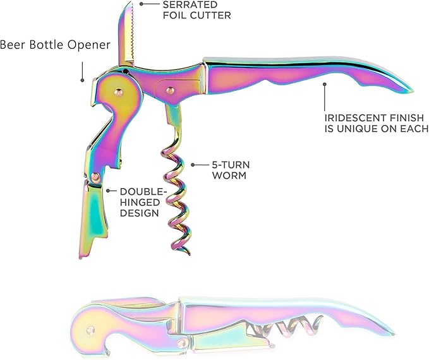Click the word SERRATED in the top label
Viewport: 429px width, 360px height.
pyautogui.click(x=190, y=4)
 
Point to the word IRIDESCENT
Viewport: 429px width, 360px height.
pyautogui.click(x=354, y=118)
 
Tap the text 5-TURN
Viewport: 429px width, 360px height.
pyautogui.click(x=231, y=165)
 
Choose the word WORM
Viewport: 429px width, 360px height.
pyautogui.click(x=229, y=176)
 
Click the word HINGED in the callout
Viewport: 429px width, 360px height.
pyautogui.click(x=140, y=203)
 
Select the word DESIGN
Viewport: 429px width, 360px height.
pyautogui.click(x=140, y=213)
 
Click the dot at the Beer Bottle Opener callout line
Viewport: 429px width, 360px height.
pyautogui.click(x=82, y=80)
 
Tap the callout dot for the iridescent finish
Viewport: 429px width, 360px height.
pyautogui.click(x=325, y=84)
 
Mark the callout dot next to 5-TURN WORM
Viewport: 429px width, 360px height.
pyautogui.click(x=193, y=165)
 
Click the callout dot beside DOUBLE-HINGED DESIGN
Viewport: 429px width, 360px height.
pyautogui.click(x=108, y=191)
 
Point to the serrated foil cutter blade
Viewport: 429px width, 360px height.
pyautogui.click(x=126, y=34)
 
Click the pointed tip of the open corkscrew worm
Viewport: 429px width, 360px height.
pyautogui.click(x=189, y=254)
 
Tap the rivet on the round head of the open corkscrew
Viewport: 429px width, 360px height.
pyautogui.click(x=119, y=92)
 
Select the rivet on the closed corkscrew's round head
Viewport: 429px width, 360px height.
pyautogui.click(x=90, y=330)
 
